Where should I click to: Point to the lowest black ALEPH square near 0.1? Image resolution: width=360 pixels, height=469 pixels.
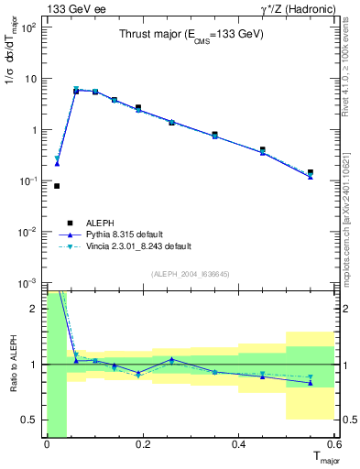pyautogui.click(x=57, y=186)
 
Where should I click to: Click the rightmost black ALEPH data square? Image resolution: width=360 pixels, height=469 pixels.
pyautogui.click(x=311, y=172)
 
